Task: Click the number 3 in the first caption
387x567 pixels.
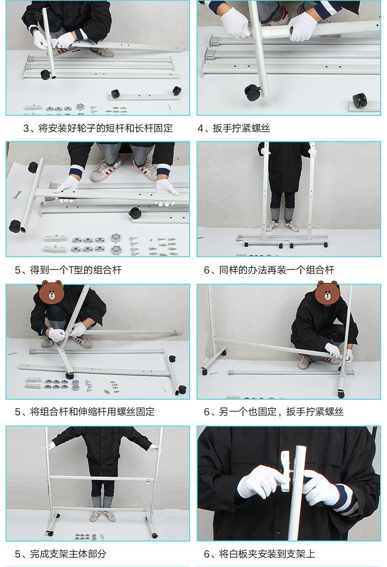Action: click(x=26, y=129)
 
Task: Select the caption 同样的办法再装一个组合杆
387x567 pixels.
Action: click(x=276, y=270)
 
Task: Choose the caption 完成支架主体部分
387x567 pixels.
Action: click(x=68, y=554)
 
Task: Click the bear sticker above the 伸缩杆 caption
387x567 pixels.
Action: click(x=51, y=292)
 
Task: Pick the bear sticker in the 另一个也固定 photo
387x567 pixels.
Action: click(x=327, y=292)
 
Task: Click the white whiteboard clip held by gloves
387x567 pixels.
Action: click(x=285, y=470)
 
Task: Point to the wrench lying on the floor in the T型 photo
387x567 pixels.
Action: click(x=16, y=195)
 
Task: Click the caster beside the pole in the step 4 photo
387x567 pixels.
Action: click(x=252, y=93)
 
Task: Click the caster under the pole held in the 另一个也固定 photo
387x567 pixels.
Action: click(x=341, y=393)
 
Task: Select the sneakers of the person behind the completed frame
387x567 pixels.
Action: click(x=102, y=516)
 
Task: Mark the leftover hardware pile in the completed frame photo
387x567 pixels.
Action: click(x=89, y=537)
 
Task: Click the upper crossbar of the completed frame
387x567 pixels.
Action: click(x=102, y=479)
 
